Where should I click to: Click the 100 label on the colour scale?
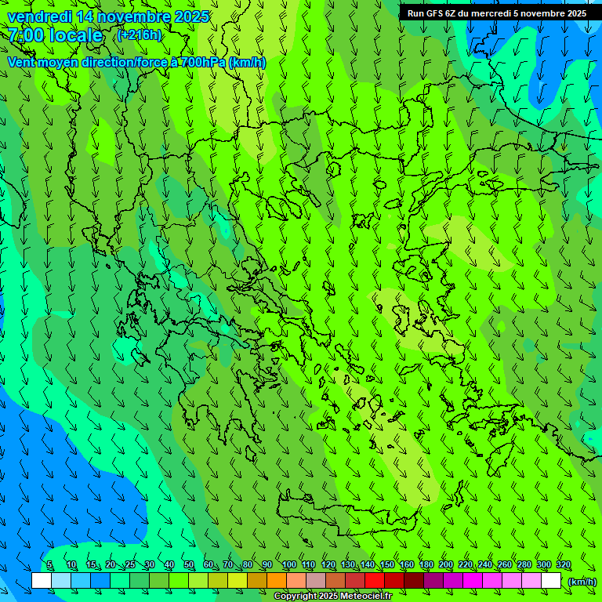(288, 565)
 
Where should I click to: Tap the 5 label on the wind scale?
(49, 565)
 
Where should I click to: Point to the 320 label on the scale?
(564, 565)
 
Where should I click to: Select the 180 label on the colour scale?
(426, 565)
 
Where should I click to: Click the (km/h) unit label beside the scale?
(582, 582)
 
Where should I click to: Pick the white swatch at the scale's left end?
(42, 581)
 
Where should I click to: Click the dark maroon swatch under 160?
(414, 581)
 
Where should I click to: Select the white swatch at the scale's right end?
(551, 581)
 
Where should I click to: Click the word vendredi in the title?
(42, 16)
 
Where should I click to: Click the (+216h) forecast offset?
(139, 34)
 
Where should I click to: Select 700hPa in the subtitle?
(204, 62)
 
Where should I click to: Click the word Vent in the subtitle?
(22, 62)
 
